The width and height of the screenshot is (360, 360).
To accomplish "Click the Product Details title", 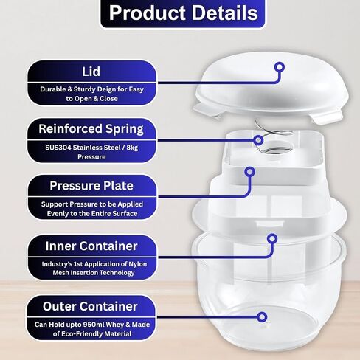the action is coord(183,13).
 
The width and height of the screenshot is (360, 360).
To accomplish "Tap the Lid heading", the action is coord(91,72).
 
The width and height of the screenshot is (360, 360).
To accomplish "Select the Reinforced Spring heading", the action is coord(91,129).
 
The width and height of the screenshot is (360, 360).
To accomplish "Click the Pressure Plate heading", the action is coord(91,186).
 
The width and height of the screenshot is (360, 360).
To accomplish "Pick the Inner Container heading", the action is coord(91,246).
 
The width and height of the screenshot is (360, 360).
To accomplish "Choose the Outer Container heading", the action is coord(90,306).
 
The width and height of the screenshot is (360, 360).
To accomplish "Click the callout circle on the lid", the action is coord(280,67).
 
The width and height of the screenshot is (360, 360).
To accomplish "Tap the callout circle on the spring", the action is coord(258,140).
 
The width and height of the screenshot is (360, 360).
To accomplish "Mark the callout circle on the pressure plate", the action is coord(249,172).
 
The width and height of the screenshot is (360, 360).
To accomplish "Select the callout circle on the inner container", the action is coord(272,238).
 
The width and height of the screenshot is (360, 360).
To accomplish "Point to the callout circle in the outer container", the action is coord(262,317).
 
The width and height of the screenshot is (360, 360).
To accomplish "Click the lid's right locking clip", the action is coord(328,117).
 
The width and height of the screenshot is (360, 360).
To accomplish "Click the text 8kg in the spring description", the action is coord(132,148).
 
